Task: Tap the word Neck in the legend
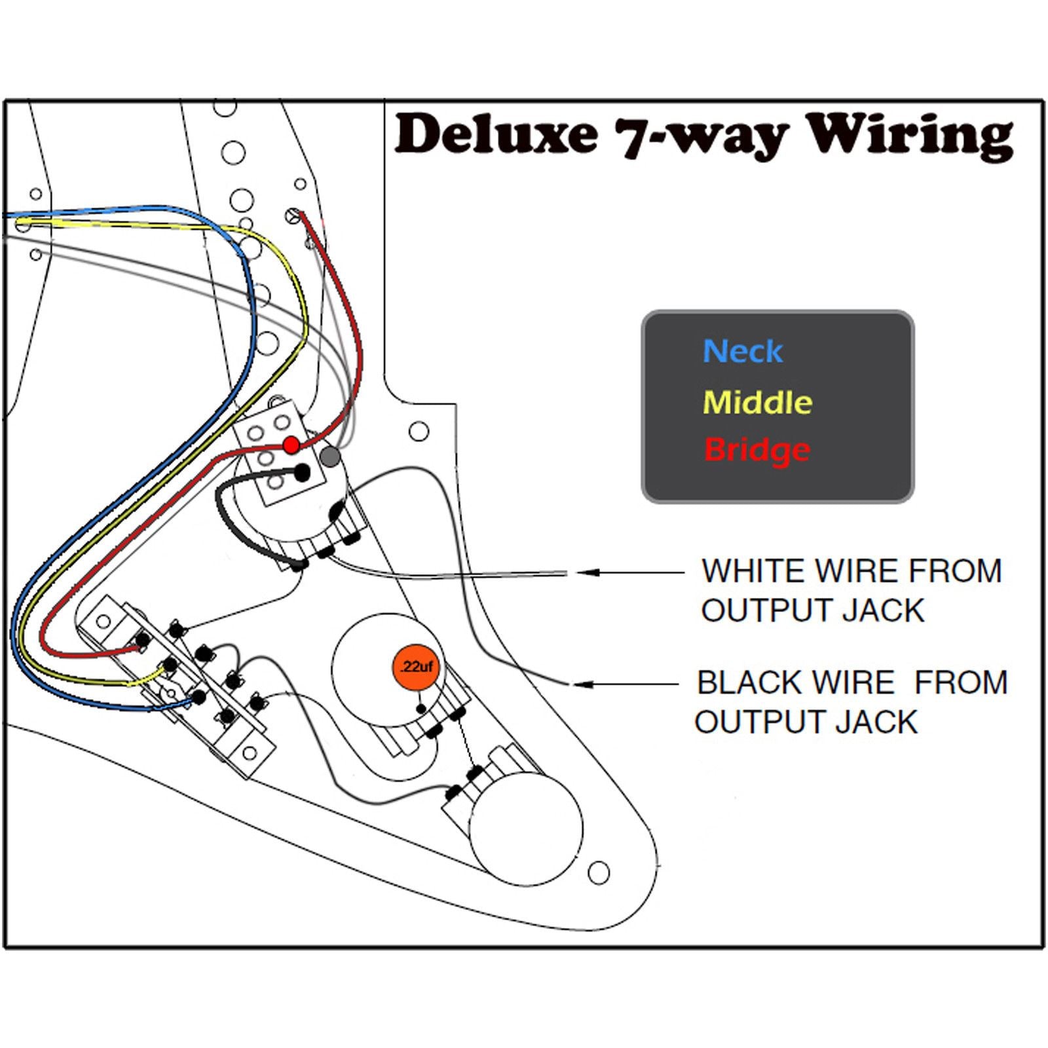pyautogui.click(x=742, y=352)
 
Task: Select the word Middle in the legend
pyautogui.click(x=757, y=402)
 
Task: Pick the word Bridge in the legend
pyautogui.click(x=757, y=450)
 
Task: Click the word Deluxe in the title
pyautogui.click(x=496, y=134)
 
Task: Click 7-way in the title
pyautogui.click(x=701, y=136)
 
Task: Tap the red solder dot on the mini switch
pyautogui.click(x=291, y=445)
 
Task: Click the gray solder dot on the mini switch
pyautogui.click(x=332, y=457)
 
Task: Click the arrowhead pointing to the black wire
pyautogui.click(x=585, y=684)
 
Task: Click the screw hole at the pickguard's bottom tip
pyautogui.click(x=598, y=872)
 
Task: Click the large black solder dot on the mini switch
pyautogui.click(x=301, y=472)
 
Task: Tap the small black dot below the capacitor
pyautogui.click(x=421, y=709)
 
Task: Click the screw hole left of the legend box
pyautogui.click(x=419, y=431)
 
